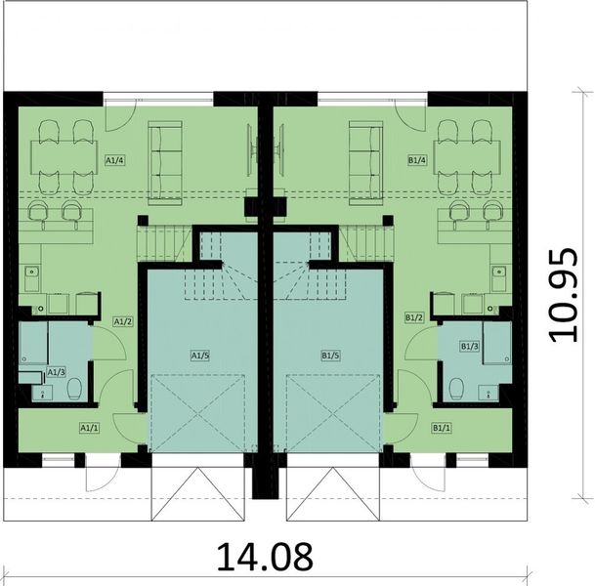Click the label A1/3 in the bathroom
(57, 372)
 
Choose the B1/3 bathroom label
(470, 346)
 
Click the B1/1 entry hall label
(441, 427)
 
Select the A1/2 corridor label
(122, 319)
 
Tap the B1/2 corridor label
(413, 317)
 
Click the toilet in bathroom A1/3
(74, 390)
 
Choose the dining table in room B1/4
(464, 153)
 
